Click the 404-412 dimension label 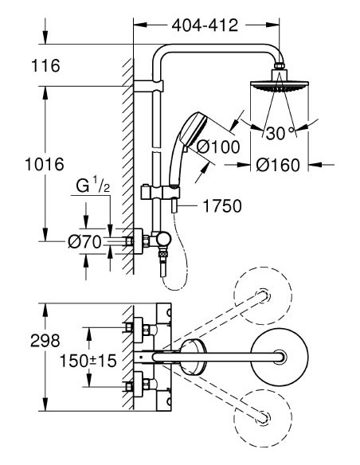click(205, 25)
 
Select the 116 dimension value click(46, 67)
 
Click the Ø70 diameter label click(84, 240)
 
